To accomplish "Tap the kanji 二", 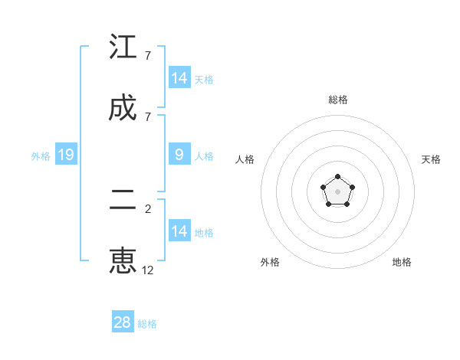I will tap(123, 200).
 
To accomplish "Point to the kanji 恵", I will tap(123, 260).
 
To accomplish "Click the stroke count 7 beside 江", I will tap(147, 56).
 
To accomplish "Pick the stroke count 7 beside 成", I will tap(147, 116).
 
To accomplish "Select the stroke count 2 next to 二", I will tap(147, 208).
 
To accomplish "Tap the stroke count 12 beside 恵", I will tap(148, 270).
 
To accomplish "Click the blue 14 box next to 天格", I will tap(179, 78).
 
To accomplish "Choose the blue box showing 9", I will tap(179, 155).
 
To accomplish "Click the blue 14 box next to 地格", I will tap(179, 231).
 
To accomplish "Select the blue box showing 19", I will tap(66, 155).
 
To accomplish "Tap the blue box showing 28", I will tap(123, 322).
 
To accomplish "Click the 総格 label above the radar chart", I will tap(338, 100).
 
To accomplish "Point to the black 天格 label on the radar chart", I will tap(431, 159).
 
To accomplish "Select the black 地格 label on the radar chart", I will tap(402, 262).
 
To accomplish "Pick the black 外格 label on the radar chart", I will tap(270, 262).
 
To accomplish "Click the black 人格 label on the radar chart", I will tap(245, 159).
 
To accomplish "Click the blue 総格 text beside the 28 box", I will tap(147, 324).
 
